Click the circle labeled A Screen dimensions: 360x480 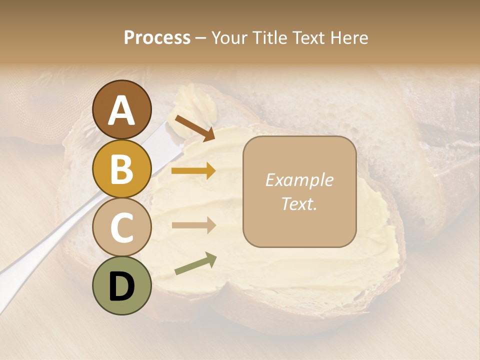tap(121, 109)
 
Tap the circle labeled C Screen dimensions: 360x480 tap(121, 227)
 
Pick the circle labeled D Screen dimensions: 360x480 tap(121, 285)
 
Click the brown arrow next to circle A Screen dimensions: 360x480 tap(194, 127)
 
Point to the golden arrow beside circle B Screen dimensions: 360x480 tap(193, 171)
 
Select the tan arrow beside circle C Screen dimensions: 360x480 tap(193, 225)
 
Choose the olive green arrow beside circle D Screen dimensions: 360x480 tap(195, 263)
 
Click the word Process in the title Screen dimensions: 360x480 tap(157, 37)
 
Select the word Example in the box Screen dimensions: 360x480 tap(299, 180)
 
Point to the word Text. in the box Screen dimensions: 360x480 tap(299, 203)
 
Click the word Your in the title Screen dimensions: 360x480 tap(228, 37)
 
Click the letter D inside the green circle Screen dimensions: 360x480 tap(121, 286)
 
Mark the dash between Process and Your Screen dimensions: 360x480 tap(200, 38)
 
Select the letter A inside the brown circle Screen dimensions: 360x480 tap(121, 110)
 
